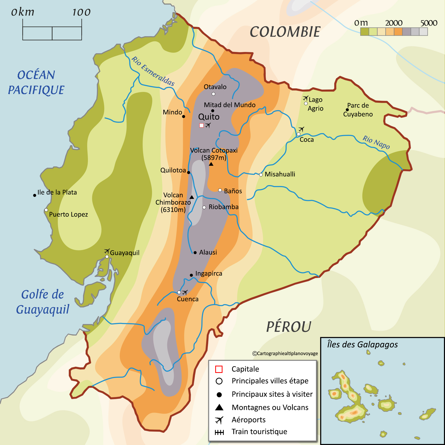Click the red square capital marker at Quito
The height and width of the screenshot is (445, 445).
coord(201,125)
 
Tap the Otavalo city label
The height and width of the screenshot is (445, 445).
coord(215,87)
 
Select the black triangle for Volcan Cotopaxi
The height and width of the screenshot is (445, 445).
coord(211,164)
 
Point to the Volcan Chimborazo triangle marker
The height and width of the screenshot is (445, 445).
coord(192,197)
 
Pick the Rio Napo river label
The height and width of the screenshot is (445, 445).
coord(376,142)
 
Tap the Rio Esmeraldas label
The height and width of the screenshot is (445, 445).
coord(153,71)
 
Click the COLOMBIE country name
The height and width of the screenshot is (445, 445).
coord(285,32)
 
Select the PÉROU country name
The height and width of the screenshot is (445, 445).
coord(289,327)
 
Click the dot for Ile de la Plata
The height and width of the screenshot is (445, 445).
coord(35,195)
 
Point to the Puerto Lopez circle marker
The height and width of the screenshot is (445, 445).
coord(46,210)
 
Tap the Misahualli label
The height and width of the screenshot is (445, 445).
coord(280,174)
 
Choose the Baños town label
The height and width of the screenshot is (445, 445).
coord(233,191)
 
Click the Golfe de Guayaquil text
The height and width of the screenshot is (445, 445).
coord(42,302)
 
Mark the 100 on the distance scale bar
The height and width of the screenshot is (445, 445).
coord(81,12)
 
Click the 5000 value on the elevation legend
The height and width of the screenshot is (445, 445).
coord(429,23)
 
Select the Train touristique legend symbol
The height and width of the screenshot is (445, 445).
coord(219,432)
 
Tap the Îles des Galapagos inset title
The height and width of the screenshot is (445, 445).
coord(362,345)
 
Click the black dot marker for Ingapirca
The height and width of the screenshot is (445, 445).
coord(191,275)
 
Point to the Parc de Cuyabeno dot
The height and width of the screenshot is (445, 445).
coord(347,110)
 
